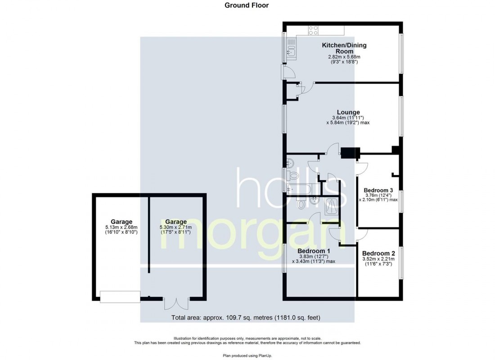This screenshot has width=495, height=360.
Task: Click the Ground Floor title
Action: pyautogui.click(x=247, y=5)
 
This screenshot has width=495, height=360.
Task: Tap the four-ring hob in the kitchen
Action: pyautogui.click(x=313, y=31)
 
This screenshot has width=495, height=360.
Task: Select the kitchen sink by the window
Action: pyautogui.click(x=291, y=49)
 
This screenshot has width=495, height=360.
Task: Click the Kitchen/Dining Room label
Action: pyautogui.click(x=344, y=48)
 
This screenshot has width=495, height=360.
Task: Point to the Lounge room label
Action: pyautogui.click(x=349, y=112)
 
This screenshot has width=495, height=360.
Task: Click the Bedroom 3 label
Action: pyautogui.click(x=378, y=190)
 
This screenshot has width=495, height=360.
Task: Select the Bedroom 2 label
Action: pyautogui.click(x=378, y=253)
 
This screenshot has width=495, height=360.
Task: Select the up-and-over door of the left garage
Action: pyautogui.click(x=120, y=297)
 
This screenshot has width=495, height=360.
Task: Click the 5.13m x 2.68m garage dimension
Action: pyautogui.click(x=121, y=227)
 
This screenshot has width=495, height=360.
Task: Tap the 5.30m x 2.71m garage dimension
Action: pyautogui.click(x=176, y=227)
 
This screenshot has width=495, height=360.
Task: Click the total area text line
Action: pyautogui.click(x=246, y=318)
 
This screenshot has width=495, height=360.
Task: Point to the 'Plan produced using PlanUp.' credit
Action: pyautogui.click(x=247, y=355)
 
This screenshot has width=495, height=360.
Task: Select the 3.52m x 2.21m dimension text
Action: pyautogui.click(x=378, y=259)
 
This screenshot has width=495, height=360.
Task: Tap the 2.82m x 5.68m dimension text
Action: pyautogui.click(x=344, y=57)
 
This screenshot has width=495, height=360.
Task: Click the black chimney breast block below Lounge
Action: pyautogui.click(x=351, y=153)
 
